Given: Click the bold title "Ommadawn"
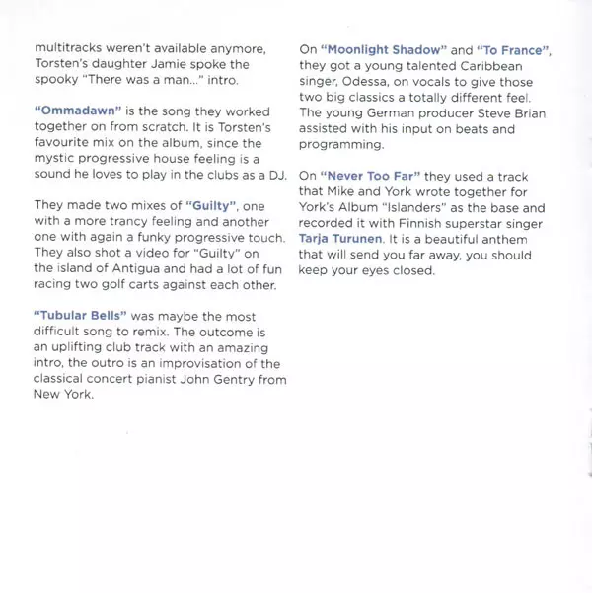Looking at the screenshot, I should pos(71,107).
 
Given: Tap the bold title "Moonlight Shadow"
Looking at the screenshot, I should pos(384,49).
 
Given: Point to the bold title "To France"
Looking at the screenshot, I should pos(513,49).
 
